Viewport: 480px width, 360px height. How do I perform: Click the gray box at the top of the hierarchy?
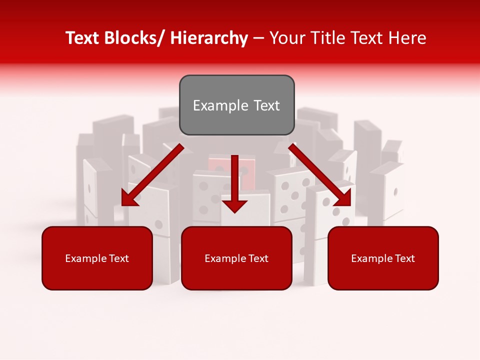(236, 105)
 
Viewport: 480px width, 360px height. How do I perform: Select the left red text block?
(97, 258)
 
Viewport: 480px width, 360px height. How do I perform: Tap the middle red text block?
(236, 258)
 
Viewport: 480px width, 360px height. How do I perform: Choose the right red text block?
(383, 258)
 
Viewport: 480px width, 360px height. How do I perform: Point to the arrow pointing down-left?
(152, 175)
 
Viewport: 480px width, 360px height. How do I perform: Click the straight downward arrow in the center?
(234, 183)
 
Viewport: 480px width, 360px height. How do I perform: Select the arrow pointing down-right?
(320, 175)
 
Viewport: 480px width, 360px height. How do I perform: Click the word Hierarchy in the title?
(208, 38)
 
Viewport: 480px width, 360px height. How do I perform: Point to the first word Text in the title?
(83, 38)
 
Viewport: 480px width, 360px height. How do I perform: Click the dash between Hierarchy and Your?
(258, 38)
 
